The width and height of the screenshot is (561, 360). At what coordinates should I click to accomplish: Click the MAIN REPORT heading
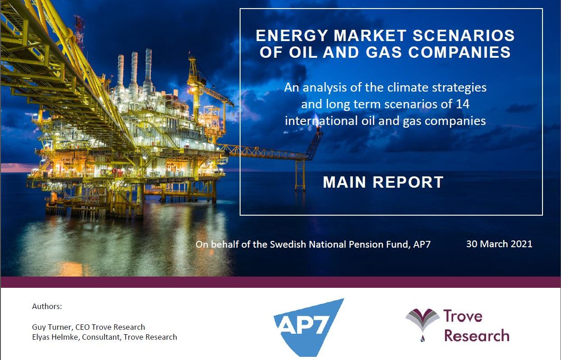(383, 182)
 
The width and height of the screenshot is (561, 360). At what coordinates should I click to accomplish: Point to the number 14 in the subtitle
(462, 104)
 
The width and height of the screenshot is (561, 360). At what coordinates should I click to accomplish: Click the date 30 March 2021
(499, 244)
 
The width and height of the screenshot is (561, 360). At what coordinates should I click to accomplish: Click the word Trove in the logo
(463, 316)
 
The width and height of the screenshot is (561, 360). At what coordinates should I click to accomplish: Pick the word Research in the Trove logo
(477, 335)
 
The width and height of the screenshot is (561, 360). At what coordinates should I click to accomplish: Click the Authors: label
(47, 306)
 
